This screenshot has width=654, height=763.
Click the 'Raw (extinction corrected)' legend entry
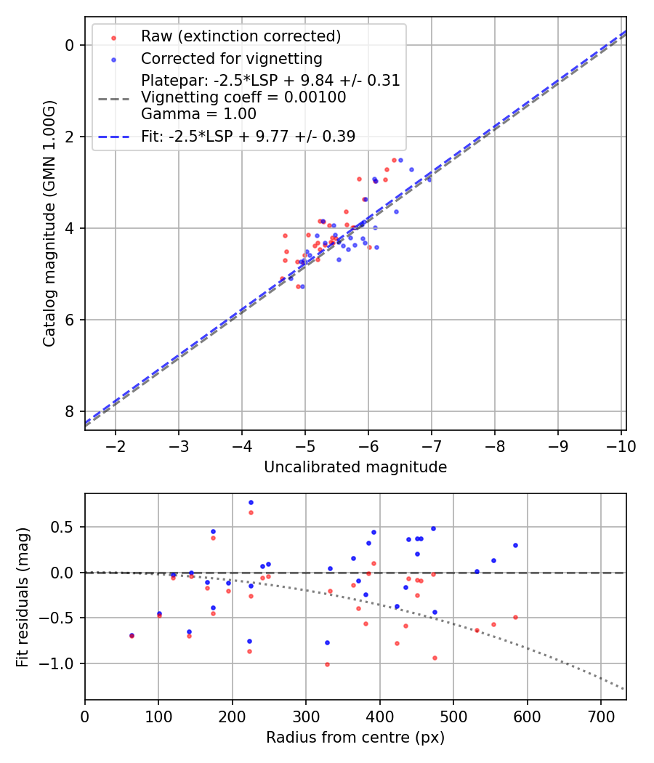[241, 36]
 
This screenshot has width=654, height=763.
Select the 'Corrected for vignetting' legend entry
[231, 58]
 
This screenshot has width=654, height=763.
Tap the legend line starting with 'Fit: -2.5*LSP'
[248, 136]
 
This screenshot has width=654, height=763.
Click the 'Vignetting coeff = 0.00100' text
[243, 97]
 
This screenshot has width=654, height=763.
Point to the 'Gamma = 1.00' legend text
[198, 114]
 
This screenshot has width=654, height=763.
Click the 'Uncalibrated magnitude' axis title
[355, 467]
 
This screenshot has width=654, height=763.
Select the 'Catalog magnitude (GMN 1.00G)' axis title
[49, 223]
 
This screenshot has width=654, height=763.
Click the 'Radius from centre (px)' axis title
[355, 738]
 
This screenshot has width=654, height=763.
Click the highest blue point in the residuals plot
[251, 502]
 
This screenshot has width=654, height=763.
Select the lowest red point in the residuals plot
[327, 664]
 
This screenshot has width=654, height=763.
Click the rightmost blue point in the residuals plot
[515, 545]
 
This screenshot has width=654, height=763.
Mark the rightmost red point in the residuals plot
[515, 617]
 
